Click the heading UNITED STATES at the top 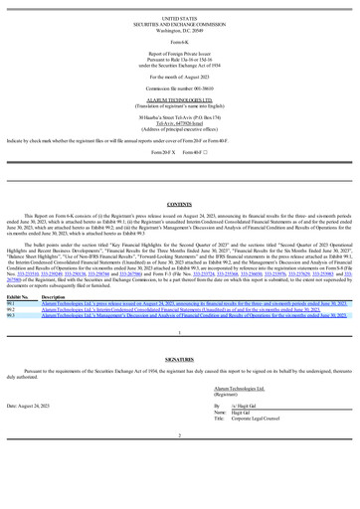pyautogui.click(x=179, y=18)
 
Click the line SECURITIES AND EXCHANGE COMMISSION pyautogui.click(x=179, y=24)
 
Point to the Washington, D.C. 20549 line pyautogui.click(x=179, y=30)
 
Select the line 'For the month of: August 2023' pyautogui.click(x=179, y=75)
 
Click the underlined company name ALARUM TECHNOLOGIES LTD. pyautogui.click(x=179, y=98)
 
